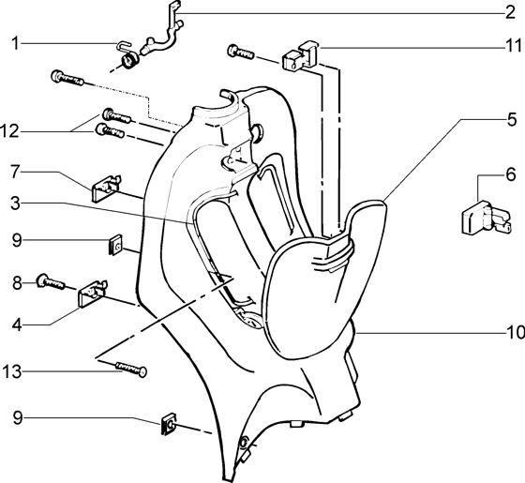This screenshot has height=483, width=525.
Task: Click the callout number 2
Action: [x=510, y=13]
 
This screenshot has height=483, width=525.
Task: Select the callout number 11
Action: [x=514, y=46]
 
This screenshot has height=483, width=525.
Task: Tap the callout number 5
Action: [x=512, y=120]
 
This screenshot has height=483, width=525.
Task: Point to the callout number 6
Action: [x=511, y=174]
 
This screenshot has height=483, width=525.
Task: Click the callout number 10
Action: [x=516, y=332]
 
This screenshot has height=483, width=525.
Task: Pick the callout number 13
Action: [x=12, y=371]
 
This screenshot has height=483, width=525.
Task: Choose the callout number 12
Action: [x=9, y=131]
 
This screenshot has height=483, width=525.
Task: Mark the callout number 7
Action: [x=15, y=172]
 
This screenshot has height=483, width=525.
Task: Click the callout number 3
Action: [x=15, y=204]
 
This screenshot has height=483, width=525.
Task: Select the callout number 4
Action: [x=18, y=325]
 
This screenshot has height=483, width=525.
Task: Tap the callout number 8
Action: [x=17, y=283]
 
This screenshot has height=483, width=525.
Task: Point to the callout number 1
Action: [x=15, y=44]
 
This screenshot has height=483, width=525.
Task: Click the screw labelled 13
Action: [x=131, y=369]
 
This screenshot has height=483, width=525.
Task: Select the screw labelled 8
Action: [x=51, y=282]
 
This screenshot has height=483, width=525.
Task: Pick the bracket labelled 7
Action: [x=105, y=189]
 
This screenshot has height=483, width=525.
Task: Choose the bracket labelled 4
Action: [x=93, y=294]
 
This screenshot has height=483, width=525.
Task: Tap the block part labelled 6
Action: [x=487, y=218]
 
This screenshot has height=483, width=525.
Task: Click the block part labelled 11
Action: [x=300, y=56]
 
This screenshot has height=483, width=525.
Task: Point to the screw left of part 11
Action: [x=241, y=53]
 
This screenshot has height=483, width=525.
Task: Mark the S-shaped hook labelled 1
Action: [x=124, y=47]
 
